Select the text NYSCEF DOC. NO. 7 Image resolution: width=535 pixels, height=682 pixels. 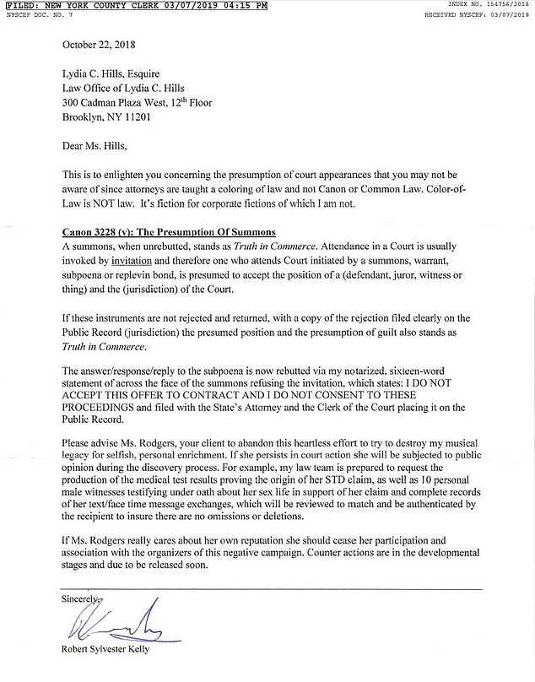pyautogui.click(x=37, y=15)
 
